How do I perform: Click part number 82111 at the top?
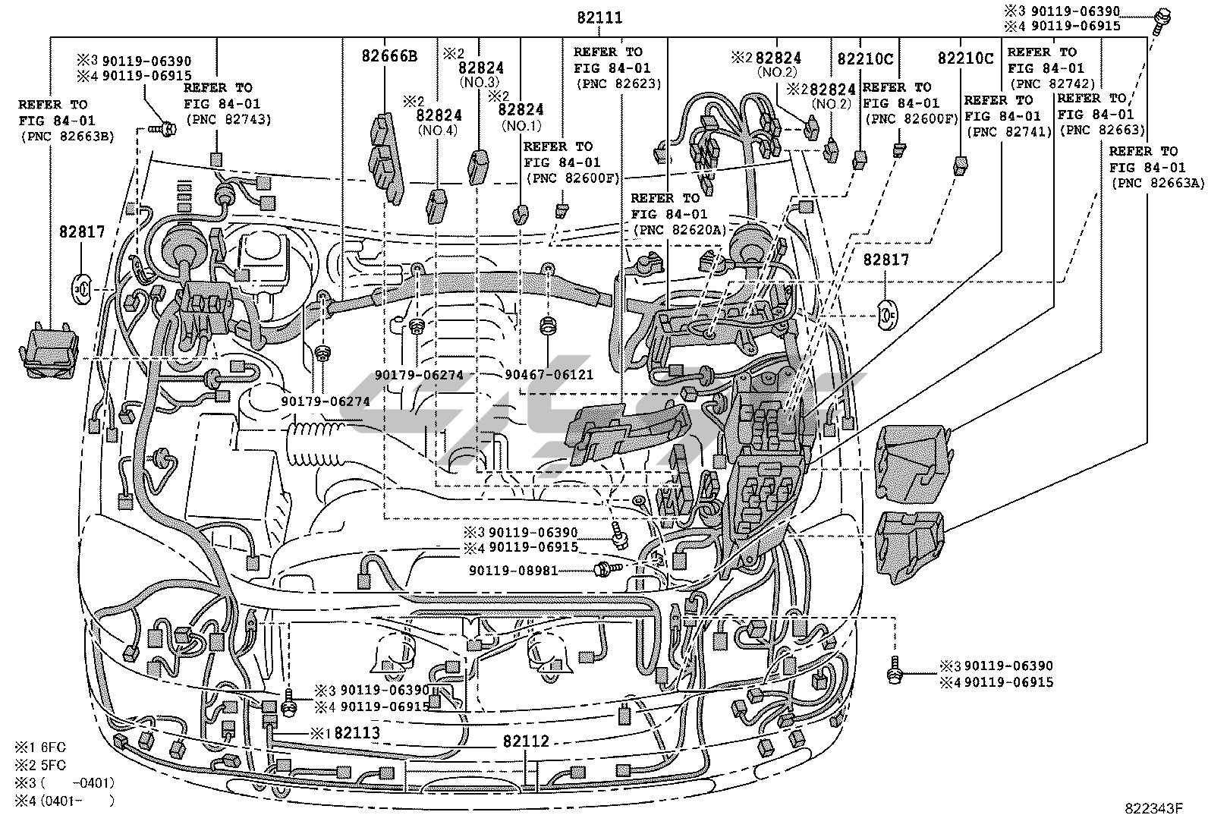point(599,17)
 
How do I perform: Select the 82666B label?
point(389,55)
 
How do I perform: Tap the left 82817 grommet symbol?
point(82,288)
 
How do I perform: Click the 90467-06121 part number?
point(549,375)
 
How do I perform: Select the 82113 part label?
point(357,733)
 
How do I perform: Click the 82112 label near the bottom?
point(525,741)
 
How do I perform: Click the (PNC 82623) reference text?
point(618,83)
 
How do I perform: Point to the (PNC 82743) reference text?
point(228,119)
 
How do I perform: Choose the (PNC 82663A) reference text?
point(1153,184)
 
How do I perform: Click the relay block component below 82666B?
point(385,157)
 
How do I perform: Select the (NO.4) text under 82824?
point(439,131)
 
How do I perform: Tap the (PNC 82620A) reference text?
point(678,230)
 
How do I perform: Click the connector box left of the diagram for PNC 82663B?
point(48,351)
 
